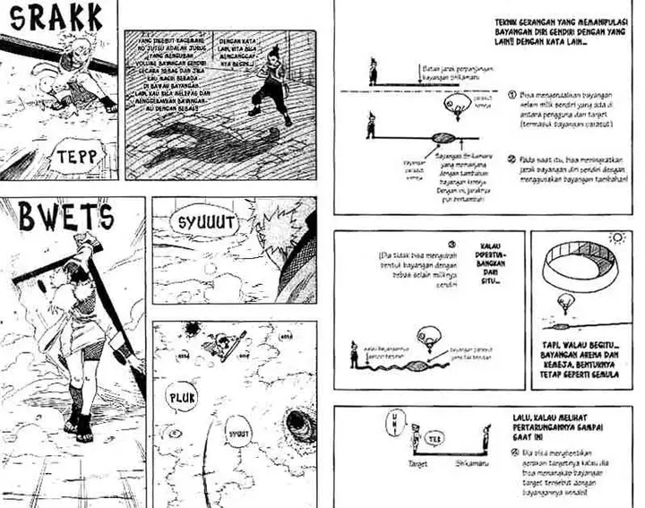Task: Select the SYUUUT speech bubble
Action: (202, 221)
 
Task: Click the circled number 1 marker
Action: (509, 94)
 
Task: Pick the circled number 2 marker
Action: (509, 159)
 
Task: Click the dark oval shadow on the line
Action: (445, 136)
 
